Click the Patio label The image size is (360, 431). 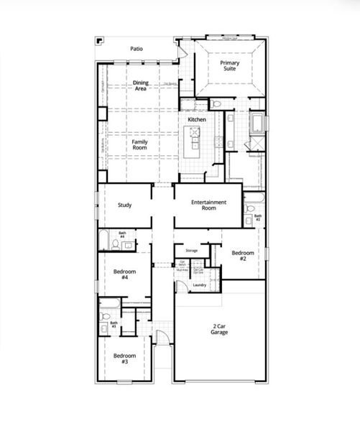pos(136,49)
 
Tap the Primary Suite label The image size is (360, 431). pos(230,68)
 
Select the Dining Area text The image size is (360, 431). pos(141,85)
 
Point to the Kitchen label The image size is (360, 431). pos(197,119)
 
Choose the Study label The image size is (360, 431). pos(124,205)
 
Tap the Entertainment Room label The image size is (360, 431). pos(209,205)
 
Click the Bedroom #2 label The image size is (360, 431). pos(239,256)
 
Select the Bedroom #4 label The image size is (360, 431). pos(121,277)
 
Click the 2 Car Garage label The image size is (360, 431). pos(219,330)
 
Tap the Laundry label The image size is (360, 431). pos(200,285)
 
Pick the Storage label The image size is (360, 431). pos(191,251)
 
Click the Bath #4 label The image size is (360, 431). pos(122,235)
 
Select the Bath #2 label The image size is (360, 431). pos(258,218)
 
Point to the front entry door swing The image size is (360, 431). pos(163,338)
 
